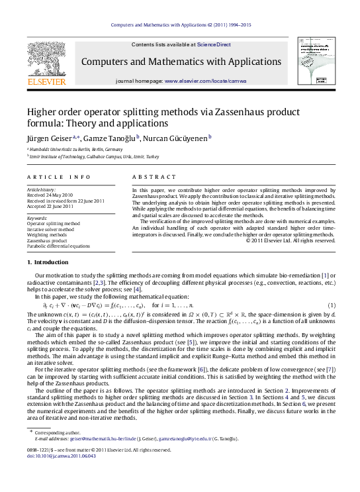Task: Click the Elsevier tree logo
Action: [x=46, y=61]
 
